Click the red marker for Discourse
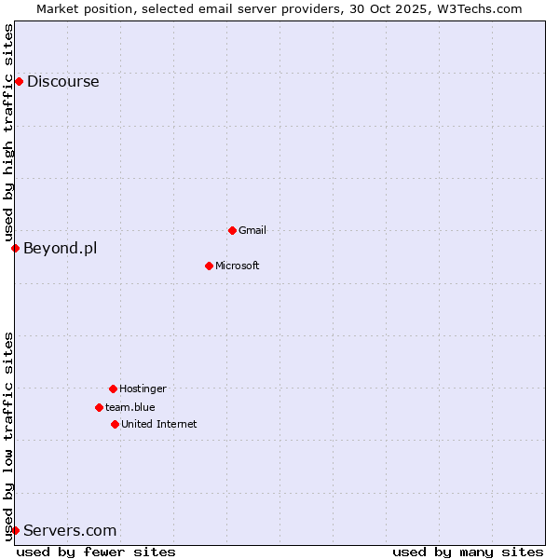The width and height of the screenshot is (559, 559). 19,81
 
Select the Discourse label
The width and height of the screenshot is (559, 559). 62,81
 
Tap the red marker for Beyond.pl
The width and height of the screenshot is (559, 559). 15,248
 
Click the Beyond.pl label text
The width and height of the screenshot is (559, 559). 60,248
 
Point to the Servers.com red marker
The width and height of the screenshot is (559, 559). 15,530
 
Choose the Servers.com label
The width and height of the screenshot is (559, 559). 70,530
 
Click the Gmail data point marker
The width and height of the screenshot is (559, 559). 232,230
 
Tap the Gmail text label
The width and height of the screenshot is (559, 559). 252,230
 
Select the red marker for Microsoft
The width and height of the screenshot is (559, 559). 209,266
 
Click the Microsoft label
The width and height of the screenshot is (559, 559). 237,266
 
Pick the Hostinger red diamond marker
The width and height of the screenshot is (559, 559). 113,389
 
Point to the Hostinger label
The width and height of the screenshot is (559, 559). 143,389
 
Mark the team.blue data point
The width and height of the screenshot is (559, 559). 99,407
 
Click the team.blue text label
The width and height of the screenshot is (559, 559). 130,407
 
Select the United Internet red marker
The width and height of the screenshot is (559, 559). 115,424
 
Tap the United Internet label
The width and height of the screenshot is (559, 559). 158,424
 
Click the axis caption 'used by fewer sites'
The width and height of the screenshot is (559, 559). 96,552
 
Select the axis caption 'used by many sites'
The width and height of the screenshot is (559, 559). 467,552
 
